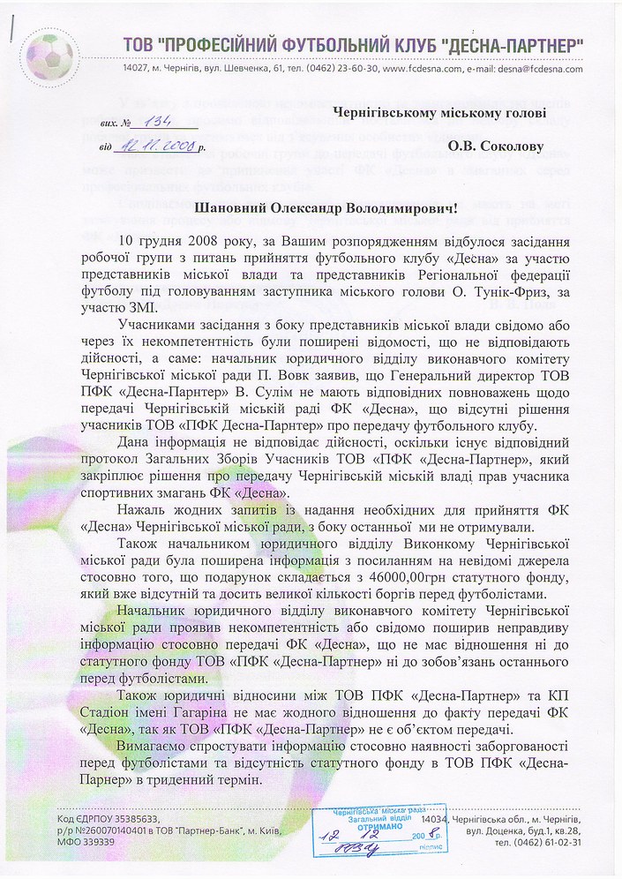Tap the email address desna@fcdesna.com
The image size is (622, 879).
click(542, 68)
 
